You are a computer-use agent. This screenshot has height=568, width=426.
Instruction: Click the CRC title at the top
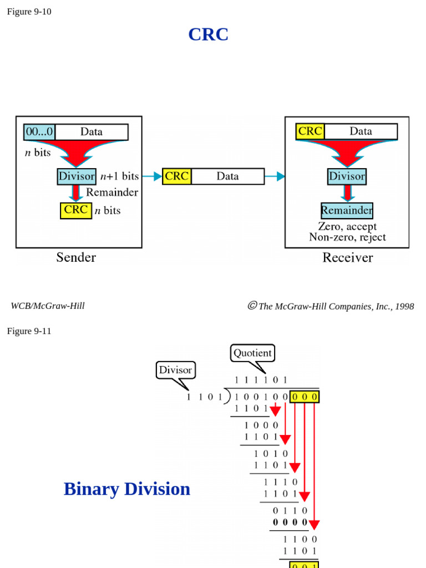(x=208, y=34)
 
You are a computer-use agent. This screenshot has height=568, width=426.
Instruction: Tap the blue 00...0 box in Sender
(x=39, y=132)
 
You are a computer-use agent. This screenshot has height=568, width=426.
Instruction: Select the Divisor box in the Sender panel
(x=77, y=176)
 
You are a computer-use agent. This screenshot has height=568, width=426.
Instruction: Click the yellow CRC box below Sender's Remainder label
(x=76, y=210)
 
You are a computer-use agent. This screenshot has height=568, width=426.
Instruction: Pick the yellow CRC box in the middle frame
(x=176, y=176)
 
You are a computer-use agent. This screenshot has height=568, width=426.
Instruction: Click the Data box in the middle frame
(x=227, y=176)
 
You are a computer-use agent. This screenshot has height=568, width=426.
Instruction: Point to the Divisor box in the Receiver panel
(x=347, y=176)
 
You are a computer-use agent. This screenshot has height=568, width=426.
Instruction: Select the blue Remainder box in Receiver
(x=347, y=211)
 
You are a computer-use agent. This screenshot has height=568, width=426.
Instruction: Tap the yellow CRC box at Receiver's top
(x=310, y=131)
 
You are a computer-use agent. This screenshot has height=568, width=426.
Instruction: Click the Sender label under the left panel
(x=76, y=257)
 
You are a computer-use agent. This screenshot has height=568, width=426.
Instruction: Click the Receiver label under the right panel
(x=348, y=257)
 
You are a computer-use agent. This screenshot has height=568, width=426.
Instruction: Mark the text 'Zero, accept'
(x=347, y=226)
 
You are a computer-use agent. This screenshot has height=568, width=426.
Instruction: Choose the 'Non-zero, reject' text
(x=347, y=237)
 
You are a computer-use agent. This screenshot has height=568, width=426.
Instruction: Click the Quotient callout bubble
(x=252, y=353)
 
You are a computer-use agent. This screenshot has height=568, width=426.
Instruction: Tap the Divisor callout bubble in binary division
(x=175, y=370)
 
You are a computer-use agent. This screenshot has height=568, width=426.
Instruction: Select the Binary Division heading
(x=127, y=489)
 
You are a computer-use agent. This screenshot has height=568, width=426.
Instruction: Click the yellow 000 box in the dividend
(x=304, y=397)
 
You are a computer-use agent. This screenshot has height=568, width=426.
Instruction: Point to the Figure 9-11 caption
(x=29, y=331)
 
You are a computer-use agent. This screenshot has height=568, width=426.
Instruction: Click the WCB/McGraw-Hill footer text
(x=48, y=306)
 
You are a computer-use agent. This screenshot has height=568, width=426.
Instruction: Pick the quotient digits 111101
(x=261, y=380)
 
